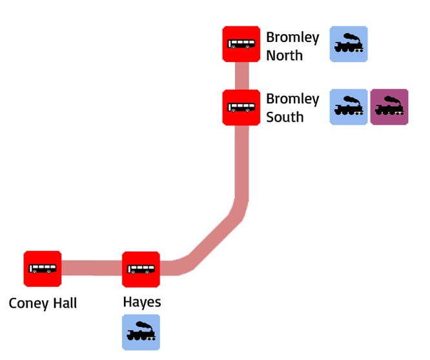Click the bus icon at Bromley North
click(x=241, y=45)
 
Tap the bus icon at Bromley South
click(x=241, y=107)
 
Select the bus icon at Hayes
click(x=141, y=269)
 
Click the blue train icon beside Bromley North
click(x=349, y=44)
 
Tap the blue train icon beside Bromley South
click(x=349, y=107)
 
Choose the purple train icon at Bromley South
click(x=389, y=107)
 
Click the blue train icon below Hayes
click(x=141, y=332)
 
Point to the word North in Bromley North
click(x=284, y=56)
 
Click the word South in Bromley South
click(x=285, y=117)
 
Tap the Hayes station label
click(x=141, y=302)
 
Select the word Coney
click(x=26, y=303)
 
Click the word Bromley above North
click(x=292, y=38)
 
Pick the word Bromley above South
click(x=292, y=100)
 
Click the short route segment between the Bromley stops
click(x=241, y=76)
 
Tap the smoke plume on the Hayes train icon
click(x=145, y=325)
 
